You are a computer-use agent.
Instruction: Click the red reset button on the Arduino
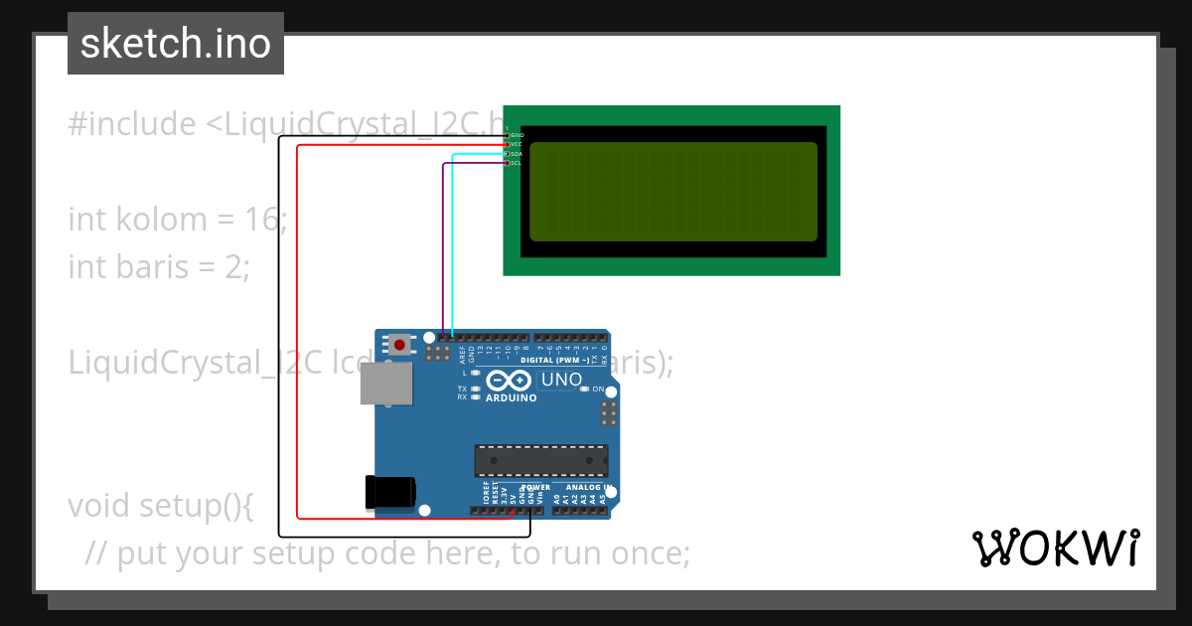pyautogui.click(x=399, y=345)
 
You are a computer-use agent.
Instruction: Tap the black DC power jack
pyautogui.click(x=389, y=492)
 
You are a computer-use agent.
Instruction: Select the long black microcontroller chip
pyautogui.click(x=540, y=461)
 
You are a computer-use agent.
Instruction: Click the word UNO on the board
pyautogui.click(x=561, y=380)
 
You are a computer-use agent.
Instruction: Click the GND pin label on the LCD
pyautogui.click(x=518, y=135)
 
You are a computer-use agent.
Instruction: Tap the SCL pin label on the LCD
pyautogui.click(x=517, y=163)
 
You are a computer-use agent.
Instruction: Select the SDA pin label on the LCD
pyautogui.click(x=517, y=154)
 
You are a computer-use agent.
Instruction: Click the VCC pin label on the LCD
pyautogui.click(x=517, y=144)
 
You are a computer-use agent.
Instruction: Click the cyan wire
pyautogui.click(x=453, y=248)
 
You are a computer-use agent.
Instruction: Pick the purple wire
pyautogui.click(x=442, y=248)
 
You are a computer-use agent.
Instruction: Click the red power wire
pyautogui.click(x=298, y=328)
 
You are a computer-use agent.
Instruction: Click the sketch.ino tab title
pyautogui.click(x=176, y=44)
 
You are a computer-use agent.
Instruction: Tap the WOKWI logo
pyautogui.click(x=1055, y=548)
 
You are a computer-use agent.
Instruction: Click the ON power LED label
pyautogui.click(x=598, y=390)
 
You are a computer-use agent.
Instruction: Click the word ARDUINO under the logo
pyautogui.click(x=511, y=398)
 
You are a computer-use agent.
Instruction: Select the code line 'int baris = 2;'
pyautogui.click(x=159, y=266)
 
